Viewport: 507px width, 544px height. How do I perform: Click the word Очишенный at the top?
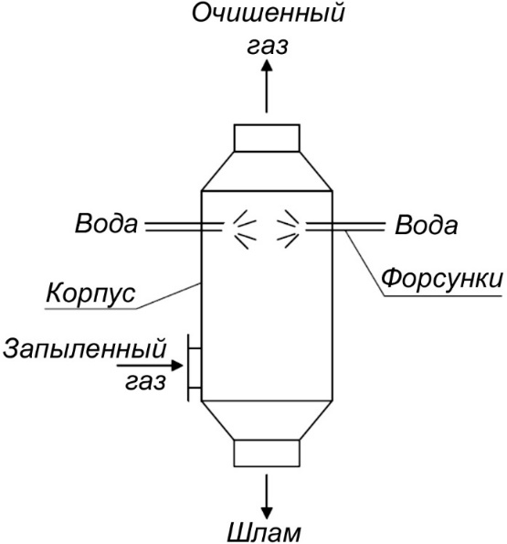[269, 14]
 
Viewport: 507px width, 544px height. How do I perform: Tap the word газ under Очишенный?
[267, 46]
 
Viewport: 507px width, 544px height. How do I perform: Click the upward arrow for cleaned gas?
[267, 86]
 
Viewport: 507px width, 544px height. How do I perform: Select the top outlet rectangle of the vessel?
[267, 138]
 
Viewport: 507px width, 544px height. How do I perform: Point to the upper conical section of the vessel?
[267, 171]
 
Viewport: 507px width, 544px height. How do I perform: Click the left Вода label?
[106, 223]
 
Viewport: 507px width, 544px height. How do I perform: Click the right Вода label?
[426, 225]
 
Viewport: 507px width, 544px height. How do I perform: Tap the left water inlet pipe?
[184, 226]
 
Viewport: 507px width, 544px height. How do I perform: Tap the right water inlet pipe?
[345, 226]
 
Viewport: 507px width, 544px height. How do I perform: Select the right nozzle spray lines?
[288, 229]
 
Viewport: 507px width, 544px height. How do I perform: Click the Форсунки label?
[442, 279]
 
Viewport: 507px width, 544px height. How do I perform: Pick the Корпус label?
[90, 293]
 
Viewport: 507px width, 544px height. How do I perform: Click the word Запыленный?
[85, 349]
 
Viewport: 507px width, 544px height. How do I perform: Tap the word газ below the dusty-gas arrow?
[145, 382]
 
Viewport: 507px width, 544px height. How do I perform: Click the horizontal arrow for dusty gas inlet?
[150, 366]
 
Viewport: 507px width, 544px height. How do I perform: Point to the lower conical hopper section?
[267, 421]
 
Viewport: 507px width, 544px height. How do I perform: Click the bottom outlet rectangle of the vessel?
[267, 453]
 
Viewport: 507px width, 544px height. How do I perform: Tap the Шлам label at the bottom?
[264, 533]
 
